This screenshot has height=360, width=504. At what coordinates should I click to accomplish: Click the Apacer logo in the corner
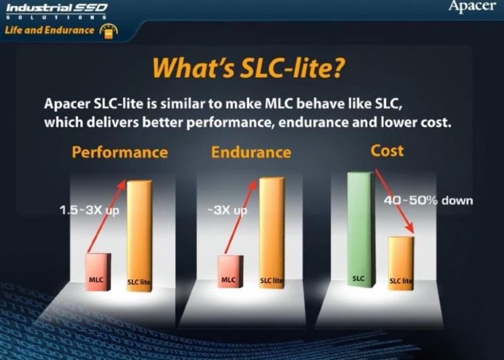[x=472, y=6]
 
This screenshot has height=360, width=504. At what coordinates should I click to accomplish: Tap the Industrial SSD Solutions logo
[x=57, y=11]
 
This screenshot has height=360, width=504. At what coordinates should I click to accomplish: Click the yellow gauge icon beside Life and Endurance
[x=108, y=31]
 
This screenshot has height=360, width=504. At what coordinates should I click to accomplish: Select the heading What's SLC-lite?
[x=248, y=68]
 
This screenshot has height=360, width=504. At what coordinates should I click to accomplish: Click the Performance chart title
[x=120, y=152]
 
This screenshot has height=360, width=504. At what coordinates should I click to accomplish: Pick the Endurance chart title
[x=251, y=152]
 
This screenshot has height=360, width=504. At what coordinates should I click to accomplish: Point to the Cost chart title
[x=387, y=151]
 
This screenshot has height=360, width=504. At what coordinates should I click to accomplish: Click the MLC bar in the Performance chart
[x=98, y=272]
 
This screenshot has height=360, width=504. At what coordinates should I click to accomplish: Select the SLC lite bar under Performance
[x=139, y=236]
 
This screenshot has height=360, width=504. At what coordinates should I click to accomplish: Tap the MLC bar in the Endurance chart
[x=231, y=272]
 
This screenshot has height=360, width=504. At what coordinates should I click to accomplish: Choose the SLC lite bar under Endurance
[x=272, y=233]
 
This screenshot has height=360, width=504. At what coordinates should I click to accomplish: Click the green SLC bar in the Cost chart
[x=361, y=229]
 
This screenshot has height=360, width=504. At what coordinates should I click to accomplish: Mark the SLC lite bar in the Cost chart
[x=401, y=264]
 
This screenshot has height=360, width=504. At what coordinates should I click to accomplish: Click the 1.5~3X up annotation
[x=89, y=211]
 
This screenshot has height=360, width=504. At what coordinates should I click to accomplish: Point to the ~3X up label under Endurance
[x=227, y=211]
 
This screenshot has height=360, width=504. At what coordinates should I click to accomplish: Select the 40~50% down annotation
[x=428, y=200]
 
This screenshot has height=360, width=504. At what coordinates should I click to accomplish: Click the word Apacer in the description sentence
[x=67, y=104]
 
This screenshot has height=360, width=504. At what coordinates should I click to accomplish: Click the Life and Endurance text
[x=50, y=30]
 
